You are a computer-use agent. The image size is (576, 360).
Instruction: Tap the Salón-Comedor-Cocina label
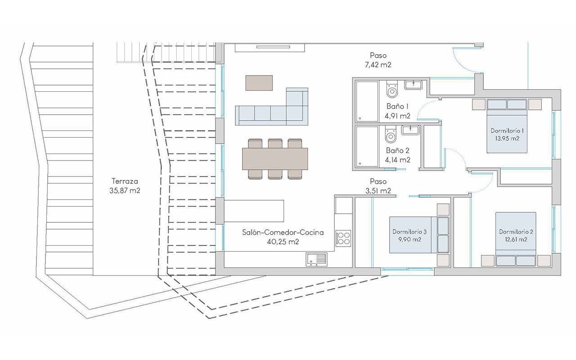point(282,237)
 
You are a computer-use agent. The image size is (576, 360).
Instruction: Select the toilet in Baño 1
point(392,90)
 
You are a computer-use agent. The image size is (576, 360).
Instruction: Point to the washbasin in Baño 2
point(410,130)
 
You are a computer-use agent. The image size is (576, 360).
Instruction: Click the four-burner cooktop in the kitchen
point(343,238)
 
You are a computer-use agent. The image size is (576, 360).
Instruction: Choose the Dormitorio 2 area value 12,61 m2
point(516,239)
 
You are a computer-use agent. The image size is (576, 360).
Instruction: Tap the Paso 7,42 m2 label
point(378,60)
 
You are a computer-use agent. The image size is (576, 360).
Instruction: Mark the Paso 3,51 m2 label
point(378,186)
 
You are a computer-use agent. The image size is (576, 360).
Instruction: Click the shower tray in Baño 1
point(367,101)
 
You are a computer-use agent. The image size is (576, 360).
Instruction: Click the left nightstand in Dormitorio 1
point(478,105)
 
